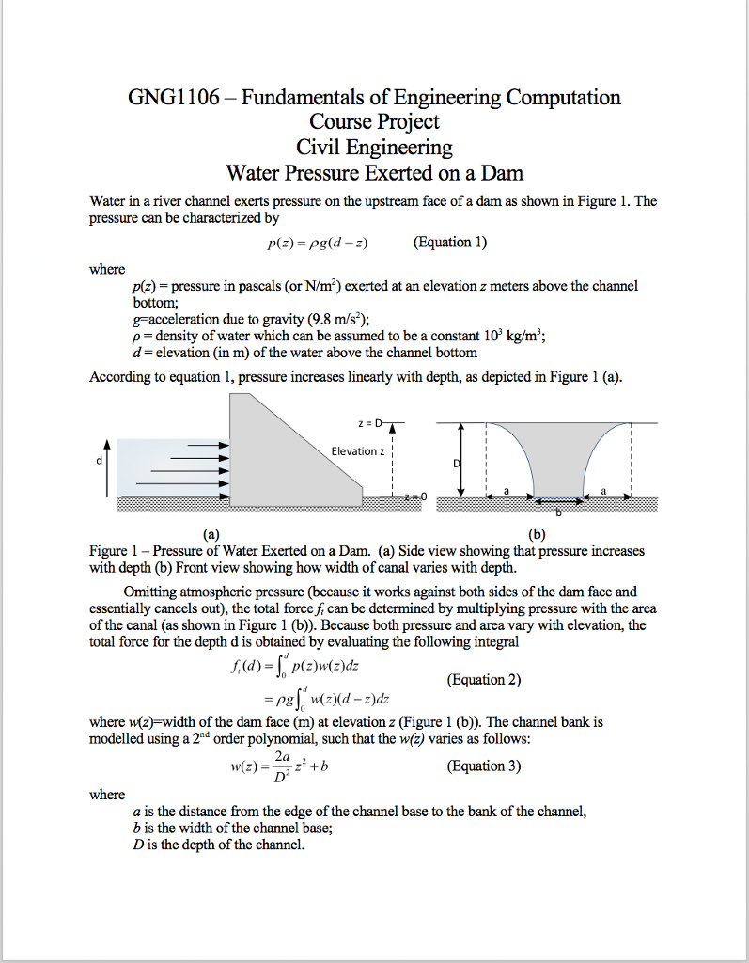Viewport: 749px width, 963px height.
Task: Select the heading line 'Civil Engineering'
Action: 374,148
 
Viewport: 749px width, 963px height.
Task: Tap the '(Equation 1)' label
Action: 450,243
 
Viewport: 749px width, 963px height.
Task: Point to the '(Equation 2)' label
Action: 484,680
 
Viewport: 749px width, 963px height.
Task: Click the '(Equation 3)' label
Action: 484,766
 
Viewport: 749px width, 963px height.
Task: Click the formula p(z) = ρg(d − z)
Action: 316,244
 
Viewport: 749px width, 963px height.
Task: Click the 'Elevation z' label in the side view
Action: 357,451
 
